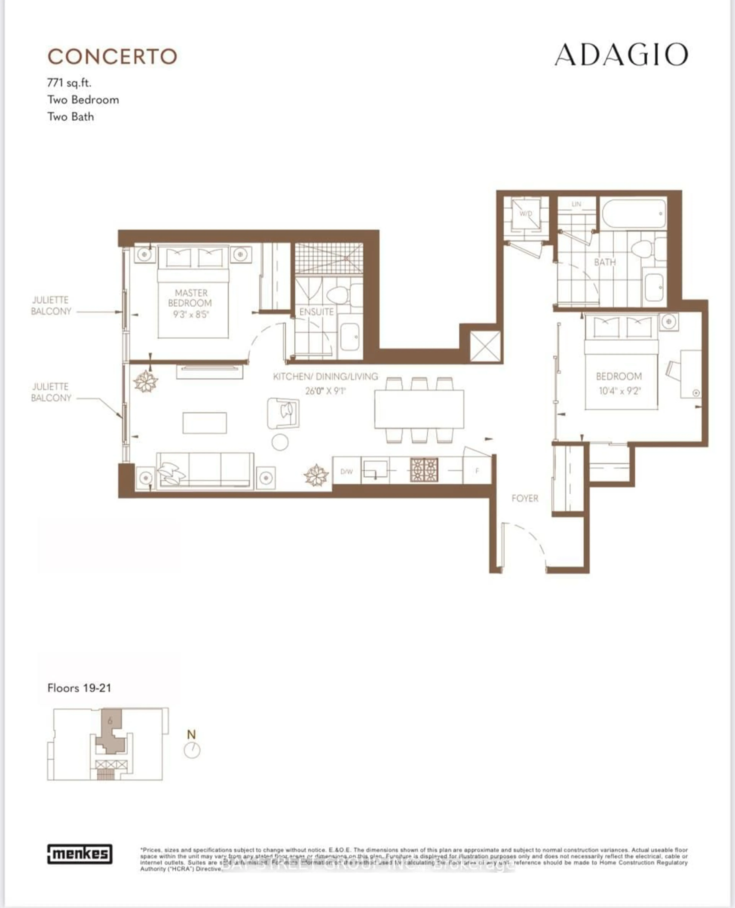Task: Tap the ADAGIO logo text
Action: pos(621,55)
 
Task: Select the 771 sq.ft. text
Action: pos(69,82)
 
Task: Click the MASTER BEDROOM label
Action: pos(190,298)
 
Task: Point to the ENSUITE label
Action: pos(316,312)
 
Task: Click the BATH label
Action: pos(605,262)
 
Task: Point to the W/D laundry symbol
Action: pos(526,214)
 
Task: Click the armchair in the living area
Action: pos(283,413)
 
